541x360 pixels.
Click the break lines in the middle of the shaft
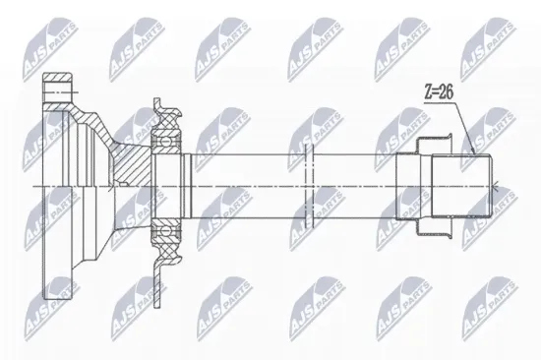(308, 185)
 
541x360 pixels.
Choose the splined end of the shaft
(461, 184)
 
